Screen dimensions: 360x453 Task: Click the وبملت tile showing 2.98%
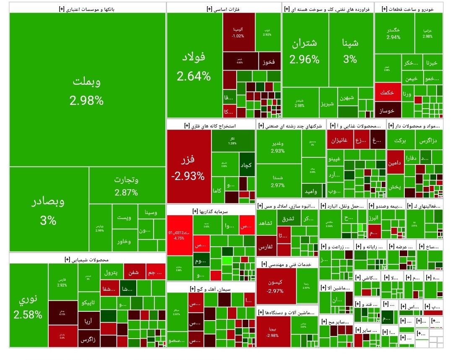[x=87, y=90]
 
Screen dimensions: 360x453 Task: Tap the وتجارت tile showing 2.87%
[x=126, y=186]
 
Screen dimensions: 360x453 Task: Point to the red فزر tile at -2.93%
[x=188, y=167]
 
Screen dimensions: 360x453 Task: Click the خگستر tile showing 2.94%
[x=394, y=33]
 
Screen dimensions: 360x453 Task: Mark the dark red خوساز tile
[x=388, y=110]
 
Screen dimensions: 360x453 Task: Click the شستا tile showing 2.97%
[x=278, y=181]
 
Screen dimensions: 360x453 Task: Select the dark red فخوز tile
[x=268, y=62]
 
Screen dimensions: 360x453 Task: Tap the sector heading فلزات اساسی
[x=223, y=8]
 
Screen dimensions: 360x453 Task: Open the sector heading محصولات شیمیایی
[x=87, y=259]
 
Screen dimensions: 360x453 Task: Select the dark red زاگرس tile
[x=89, y=339]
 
